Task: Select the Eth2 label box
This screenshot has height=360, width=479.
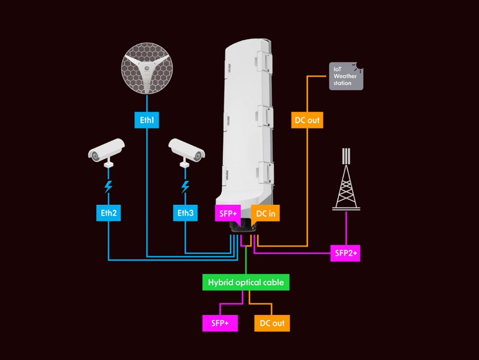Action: coord(108,213)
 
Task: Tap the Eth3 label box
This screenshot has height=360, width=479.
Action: coord(185,213)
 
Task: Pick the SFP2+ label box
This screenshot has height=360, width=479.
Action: coord(345,253)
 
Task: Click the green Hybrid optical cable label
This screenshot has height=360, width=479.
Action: coord(246,282)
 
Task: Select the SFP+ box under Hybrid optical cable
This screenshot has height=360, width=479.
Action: coord(220,323)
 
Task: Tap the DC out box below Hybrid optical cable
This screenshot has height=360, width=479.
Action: coord(272,323)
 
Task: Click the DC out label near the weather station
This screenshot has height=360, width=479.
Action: coord(307,120)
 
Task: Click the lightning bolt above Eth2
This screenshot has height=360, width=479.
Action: coord(108,186)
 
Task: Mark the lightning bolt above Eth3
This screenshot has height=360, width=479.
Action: coord(185,186)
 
